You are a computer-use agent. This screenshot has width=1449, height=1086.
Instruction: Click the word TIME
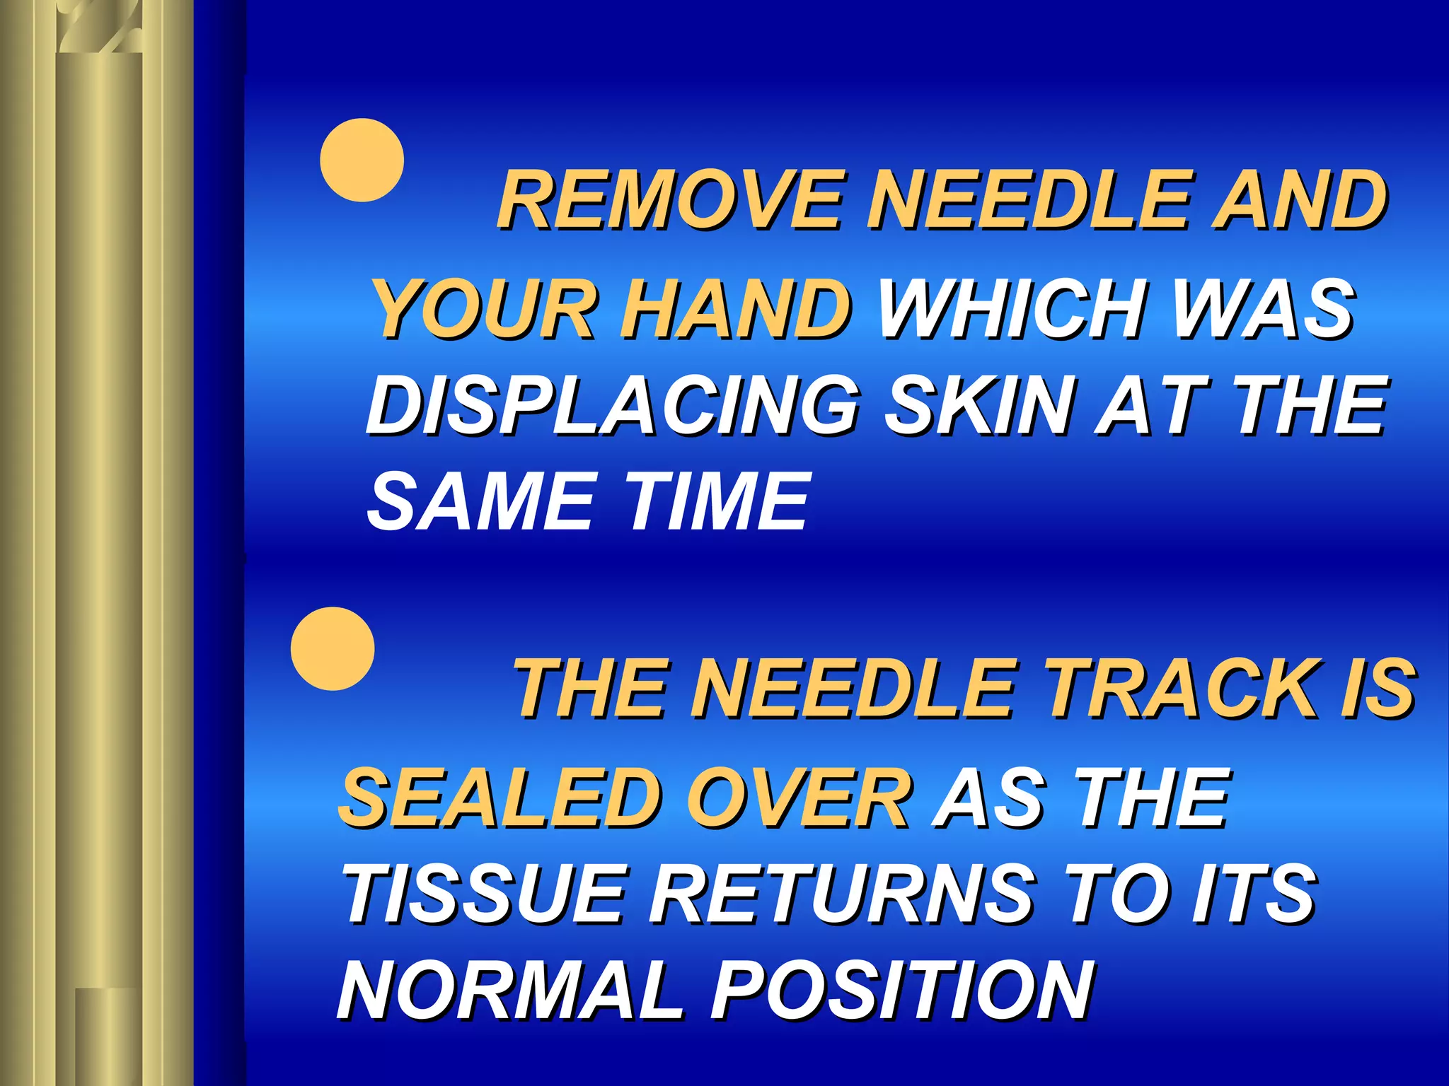pos(716,501)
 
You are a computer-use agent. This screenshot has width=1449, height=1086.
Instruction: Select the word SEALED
pos(500,798)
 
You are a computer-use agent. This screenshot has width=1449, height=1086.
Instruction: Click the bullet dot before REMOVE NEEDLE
pos(362,160)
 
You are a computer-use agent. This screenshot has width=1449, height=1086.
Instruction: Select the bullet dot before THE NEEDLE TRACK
pos(333,648)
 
